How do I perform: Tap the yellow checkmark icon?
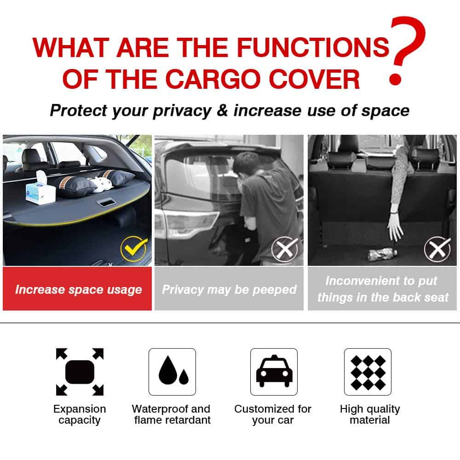[x=134, y=249]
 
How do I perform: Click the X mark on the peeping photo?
[x=285, y=249]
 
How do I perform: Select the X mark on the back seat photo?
[x=437, y=249]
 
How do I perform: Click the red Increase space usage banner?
[x=77, y=289]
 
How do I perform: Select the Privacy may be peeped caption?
[x=229, y=289]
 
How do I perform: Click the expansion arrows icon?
[x=80, y=372]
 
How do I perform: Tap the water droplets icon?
[x=172, y=372]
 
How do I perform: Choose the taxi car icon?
[x=274, y=372]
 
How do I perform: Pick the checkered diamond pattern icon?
[x=368, y=372]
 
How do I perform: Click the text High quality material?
[x=370, y=414]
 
